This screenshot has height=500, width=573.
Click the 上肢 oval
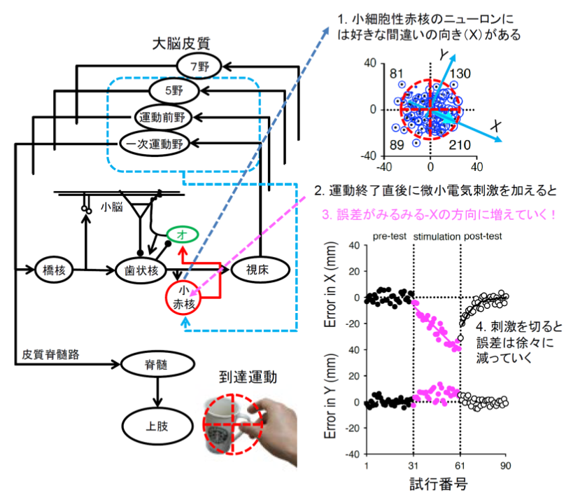coord(156,425)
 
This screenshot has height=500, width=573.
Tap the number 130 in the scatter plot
coord(460,74)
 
